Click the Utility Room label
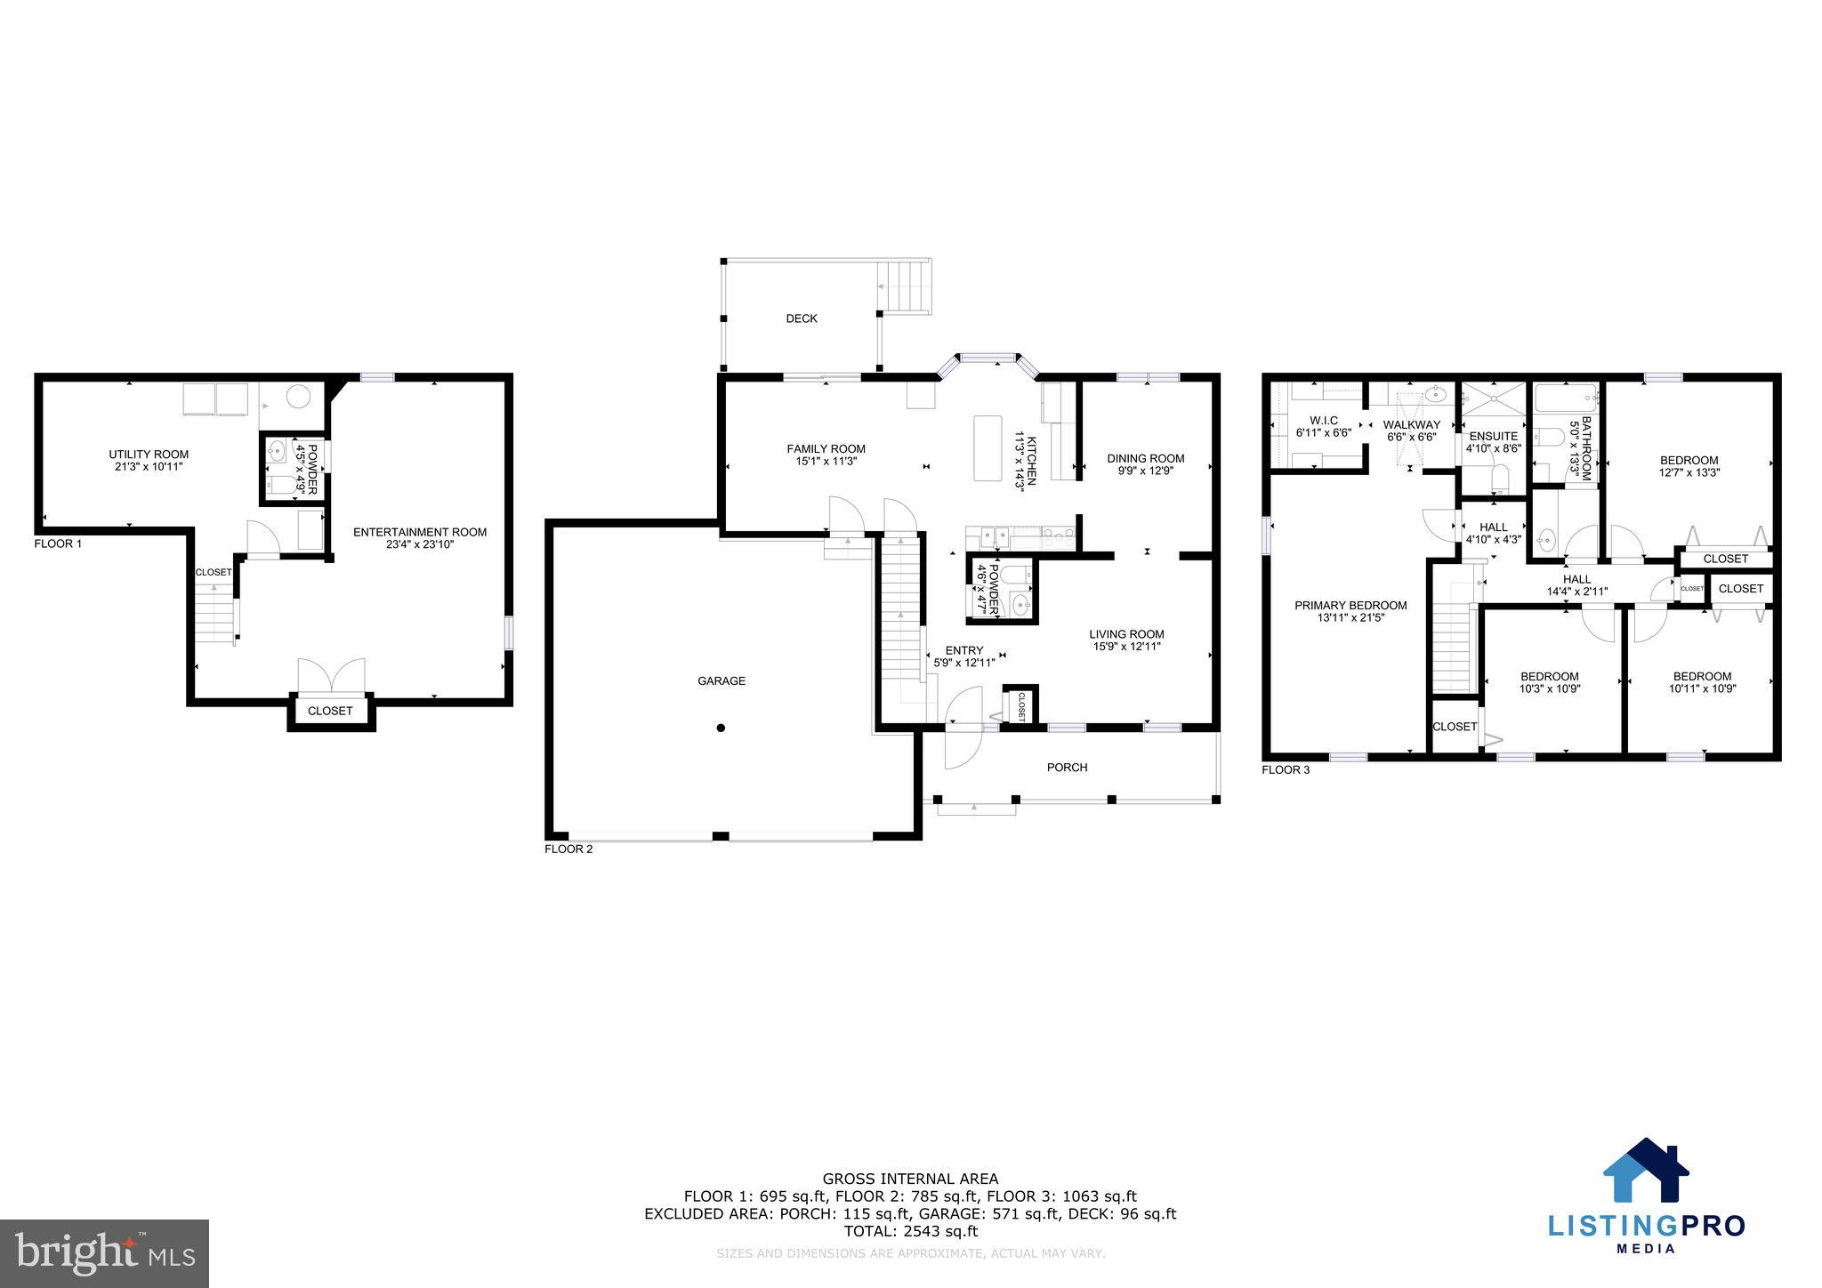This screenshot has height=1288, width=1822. coord(149,455)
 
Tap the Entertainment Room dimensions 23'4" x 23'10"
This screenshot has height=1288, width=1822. coord(420,545)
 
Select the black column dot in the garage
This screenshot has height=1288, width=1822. coord(721,728)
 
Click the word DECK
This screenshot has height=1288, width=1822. coord(801,318)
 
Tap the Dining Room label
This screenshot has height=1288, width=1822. coord(1145,459)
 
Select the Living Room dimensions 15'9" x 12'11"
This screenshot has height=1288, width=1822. coord(1126,647)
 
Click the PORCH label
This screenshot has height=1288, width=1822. coord(1067,768)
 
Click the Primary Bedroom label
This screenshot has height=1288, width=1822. coord(1350,606)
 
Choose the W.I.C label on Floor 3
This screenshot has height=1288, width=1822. coord(1324,421)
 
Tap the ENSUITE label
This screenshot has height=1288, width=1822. coord(1493,437)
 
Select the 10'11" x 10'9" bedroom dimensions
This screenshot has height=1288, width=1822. coord(1702,688)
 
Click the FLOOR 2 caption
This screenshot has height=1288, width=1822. coord(568,849)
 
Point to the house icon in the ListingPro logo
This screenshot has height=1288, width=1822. coord(1645,1171)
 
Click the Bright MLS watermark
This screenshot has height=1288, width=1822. coord(105,1253)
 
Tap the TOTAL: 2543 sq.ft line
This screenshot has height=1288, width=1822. coord(910,1231)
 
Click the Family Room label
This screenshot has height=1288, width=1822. coord(826,449)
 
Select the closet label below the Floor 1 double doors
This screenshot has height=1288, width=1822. coord(330,711)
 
